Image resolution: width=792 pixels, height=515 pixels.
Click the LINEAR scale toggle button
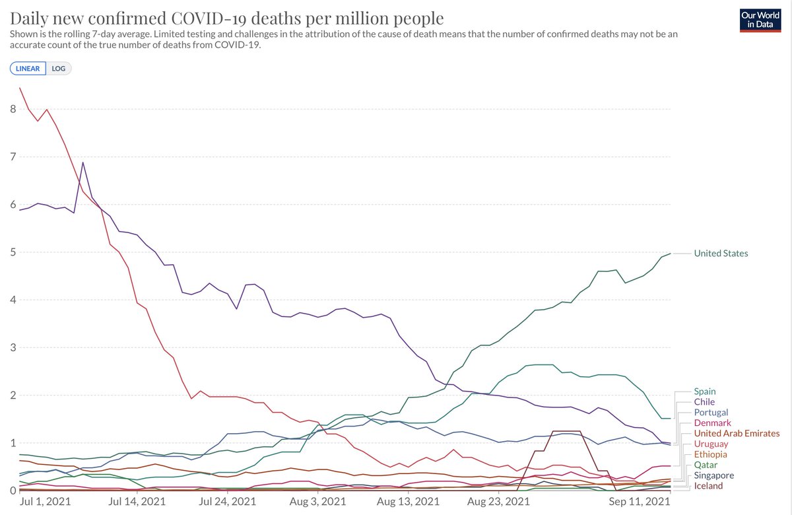pos(28,69)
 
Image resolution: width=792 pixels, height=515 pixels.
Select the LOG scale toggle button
pos(59,69)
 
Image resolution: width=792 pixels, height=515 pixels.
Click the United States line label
pos(721,254)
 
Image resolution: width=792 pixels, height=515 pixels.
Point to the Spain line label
pos(705,392)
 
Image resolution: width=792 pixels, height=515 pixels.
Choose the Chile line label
pos(704,402)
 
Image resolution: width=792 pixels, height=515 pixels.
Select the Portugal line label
pos(711,413)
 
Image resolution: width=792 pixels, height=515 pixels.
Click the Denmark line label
pos(713,423)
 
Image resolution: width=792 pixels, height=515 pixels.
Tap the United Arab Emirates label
pos(737,434)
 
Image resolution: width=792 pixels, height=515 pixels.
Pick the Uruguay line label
pos(711,444)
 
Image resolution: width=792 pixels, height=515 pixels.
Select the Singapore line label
pos(713,475)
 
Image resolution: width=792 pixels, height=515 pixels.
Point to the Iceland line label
pos(708,486)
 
